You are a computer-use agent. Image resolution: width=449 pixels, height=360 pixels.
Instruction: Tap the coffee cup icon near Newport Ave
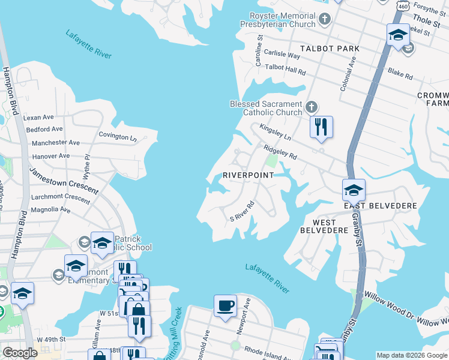[x=226, y=306]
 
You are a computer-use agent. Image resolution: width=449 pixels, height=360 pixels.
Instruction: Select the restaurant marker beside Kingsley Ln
[x=321, y=127]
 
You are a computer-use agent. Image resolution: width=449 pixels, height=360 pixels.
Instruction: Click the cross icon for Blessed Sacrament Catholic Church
[x=311, y=107]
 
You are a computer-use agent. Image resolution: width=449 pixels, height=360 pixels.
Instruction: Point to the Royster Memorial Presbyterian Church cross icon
[x=324, y=19]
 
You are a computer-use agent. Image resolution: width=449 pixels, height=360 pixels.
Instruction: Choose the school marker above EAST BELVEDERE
[x=354, y=190]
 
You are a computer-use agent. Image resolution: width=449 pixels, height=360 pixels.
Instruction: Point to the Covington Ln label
[x=118, y=136]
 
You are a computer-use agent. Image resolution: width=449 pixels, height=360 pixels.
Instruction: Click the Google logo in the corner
[x=20, y=353]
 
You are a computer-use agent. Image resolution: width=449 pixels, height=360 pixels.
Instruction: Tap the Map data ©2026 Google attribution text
[x=412, y=355]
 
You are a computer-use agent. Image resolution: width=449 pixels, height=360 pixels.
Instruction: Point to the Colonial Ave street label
[x=348, y=74]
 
